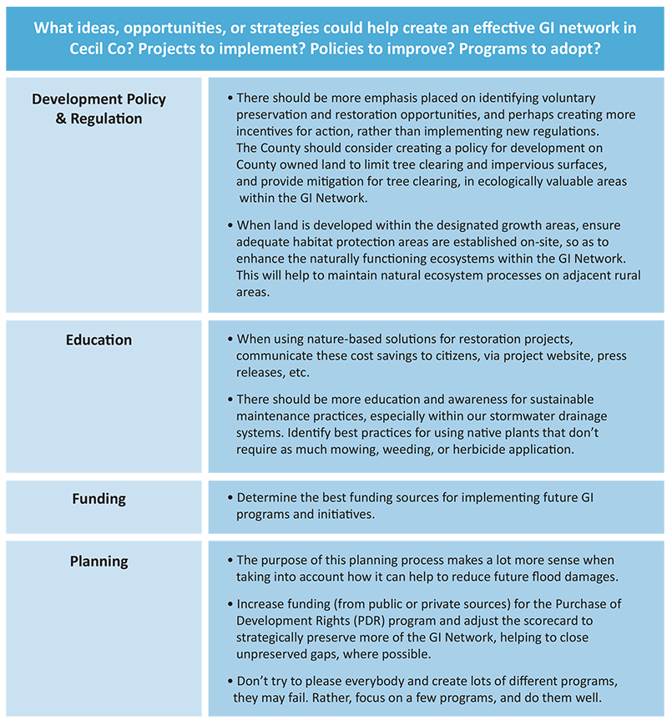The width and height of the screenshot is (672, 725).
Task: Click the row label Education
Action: pyautogui.click(x=99, y=340)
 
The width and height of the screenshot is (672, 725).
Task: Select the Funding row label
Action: pyautogui.click(x=99, y=499)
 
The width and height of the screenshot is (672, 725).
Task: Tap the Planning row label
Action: pyautogui.click(x=99, y=561)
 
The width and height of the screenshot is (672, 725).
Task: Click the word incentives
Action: pyautogui.click(x=267, y=130)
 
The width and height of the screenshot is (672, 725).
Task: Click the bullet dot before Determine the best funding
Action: pyautogui.click(x=230, y=498)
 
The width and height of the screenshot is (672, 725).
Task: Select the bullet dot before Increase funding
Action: pyautogui.click(x=230, y=604)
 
